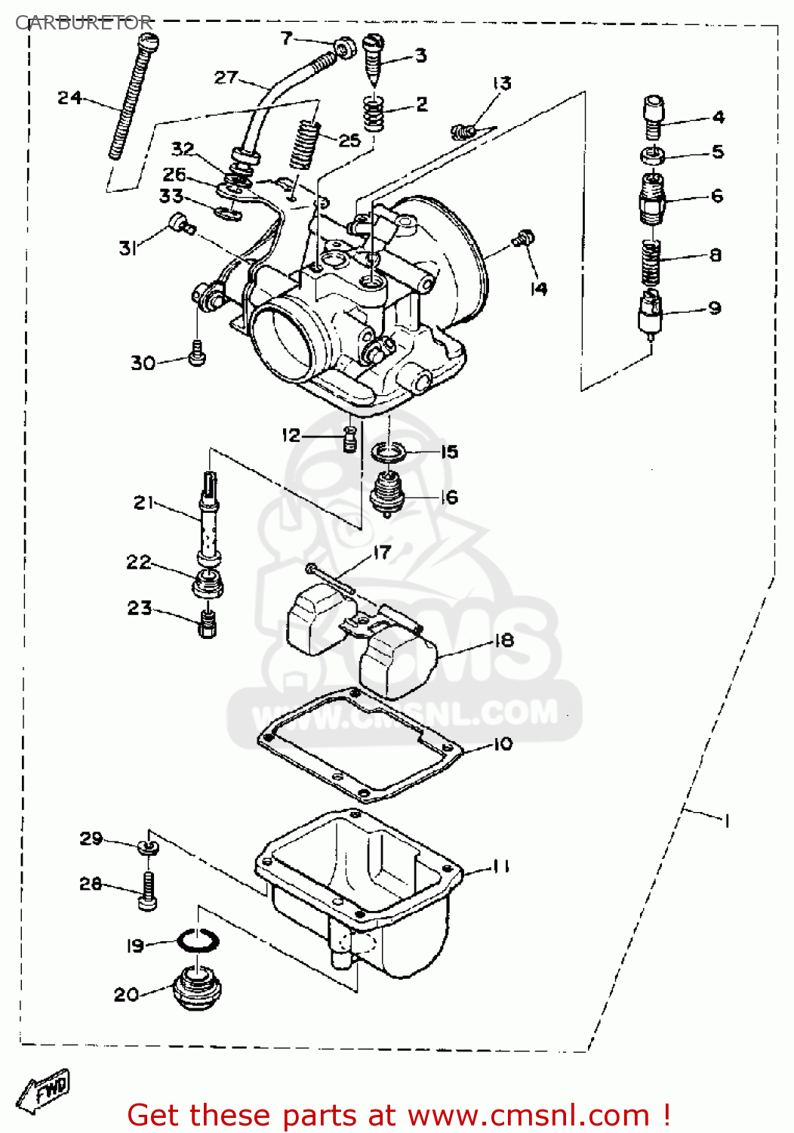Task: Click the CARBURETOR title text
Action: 84,23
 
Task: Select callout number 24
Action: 69,97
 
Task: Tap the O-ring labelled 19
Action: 198,940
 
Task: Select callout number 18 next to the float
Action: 504,641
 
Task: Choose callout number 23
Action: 140,608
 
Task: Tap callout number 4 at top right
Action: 718,117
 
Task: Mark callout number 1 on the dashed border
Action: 726,820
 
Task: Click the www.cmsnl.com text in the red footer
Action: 528,1115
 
